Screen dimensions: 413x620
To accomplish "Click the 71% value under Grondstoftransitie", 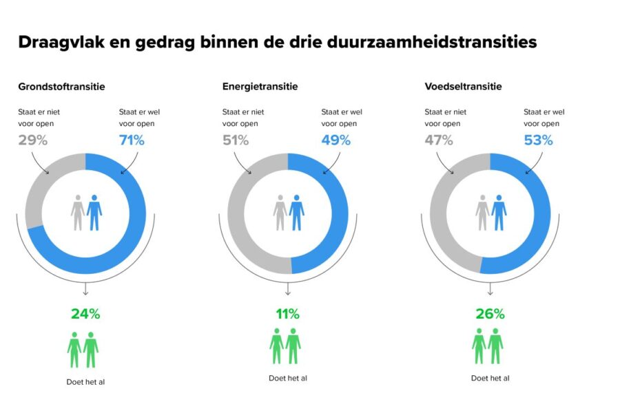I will (132, 140).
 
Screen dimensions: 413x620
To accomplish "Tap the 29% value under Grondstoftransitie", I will (32, 140).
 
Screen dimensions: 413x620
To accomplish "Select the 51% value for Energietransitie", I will (236, 140).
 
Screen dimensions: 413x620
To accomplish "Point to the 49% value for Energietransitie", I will (335, 140).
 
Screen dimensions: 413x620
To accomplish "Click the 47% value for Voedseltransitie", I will (438, 140).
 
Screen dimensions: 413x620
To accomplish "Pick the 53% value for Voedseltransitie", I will (538, 140).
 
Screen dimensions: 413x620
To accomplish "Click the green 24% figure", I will (85, 314).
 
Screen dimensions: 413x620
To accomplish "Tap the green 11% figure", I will (287, 314).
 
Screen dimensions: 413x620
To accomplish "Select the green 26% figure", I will (490, 314).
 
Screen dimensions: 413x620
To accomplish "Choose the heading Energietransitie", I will (260, 87).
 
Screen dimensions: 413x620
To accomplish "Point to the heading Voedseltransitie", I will (463, 87).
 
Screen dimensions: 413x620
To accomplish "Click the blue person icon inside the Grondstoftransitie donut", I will (94, 213).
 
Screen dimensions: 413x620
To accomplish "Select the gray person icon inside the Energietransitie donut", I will (280, 213).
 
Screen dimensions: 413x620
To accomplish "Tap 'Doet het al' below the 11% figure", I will (287, 378).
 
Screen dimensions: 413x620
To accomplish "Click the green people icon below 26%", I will (488, 346).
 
